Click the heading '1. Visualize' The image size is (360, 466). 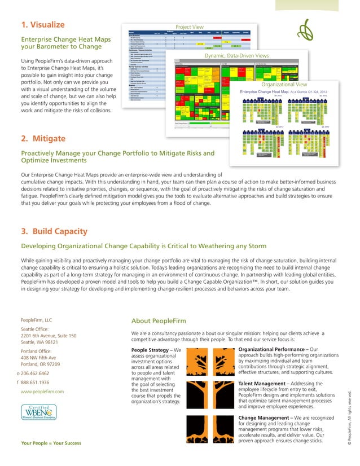42,25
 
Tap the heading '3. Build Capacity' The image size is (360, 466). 54,231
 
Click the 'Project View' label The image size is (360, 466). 190,27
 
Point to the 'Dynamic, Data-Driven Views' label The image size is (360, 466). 236,56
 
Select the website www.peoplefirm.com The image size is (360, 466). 42,392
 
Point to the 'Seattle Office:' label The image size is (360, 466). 37,328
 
